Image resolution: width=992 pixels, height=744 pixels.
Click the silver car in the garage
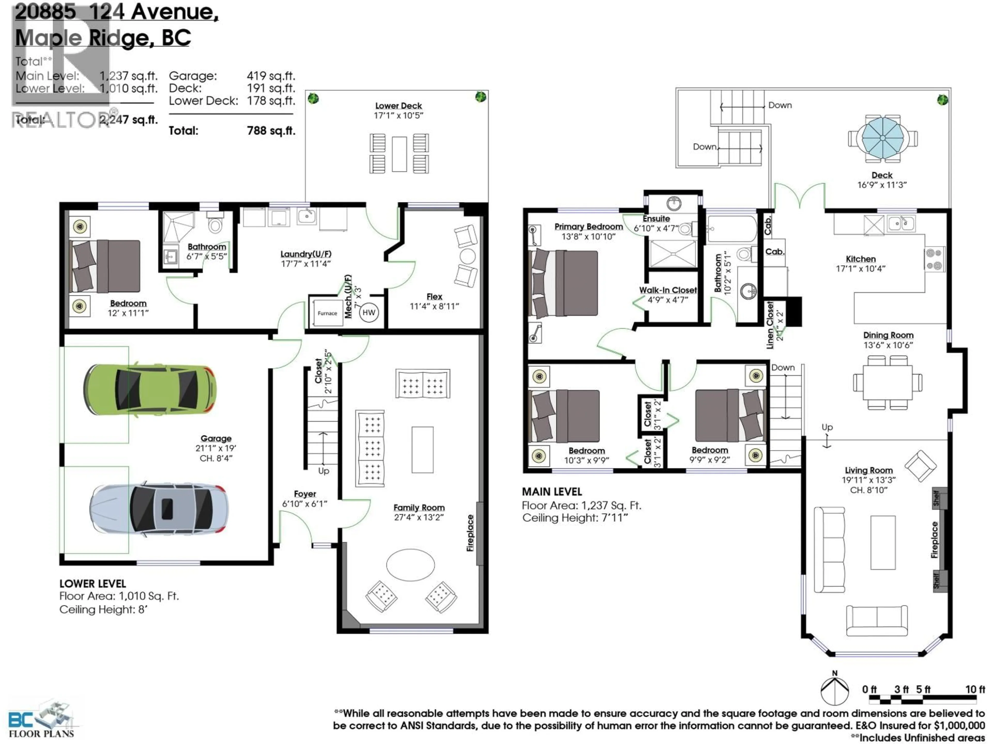coord(159,509)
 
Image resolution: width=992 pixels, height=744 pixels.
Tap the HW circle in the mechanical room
coord(369,313)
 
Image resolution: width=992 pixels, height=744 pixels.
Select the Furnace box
coord(327,313)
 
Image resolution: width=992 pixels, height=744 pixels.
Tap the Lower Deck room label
coord(398,106)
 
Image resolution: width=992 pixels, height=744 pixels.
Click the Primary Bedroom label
coord(588,227)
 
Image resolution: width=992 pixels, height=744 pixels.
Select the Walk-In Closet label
coord(668,290)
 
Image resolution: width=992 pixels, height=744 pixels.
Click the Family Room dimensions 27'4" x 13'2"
coord(419,517)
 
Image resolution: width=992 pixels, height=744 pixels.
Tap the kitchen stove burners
coord(935,259)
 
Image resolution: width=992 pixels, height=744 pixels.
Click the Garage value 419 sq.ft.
coord(270,76)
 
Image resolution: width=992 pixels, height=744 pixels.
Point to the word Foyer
coord(305,494)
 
